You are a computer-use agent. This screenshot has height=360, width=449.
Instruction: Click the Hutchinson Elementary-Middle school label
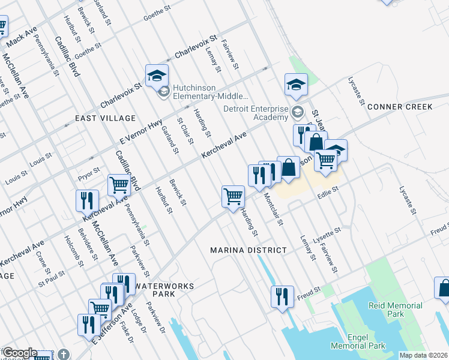[210, 92]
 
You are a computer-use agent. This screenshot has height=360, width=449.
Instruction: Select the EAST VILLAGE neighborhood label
[106, 118]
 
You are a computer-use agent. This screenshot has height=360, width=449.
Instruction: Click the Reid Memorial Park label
[396, 310]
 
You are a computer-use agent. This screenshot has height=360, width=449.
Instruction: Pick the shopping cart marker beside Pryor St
[119, 186]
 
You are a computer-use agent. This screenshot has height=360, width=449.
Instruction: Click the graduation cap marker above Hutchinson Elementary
[157, 76]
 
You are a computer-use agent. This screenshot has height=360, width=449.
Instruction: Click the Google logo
[20, 353]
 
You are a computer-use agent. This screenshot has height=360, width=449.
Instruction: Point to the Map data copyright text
[423, 355]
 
